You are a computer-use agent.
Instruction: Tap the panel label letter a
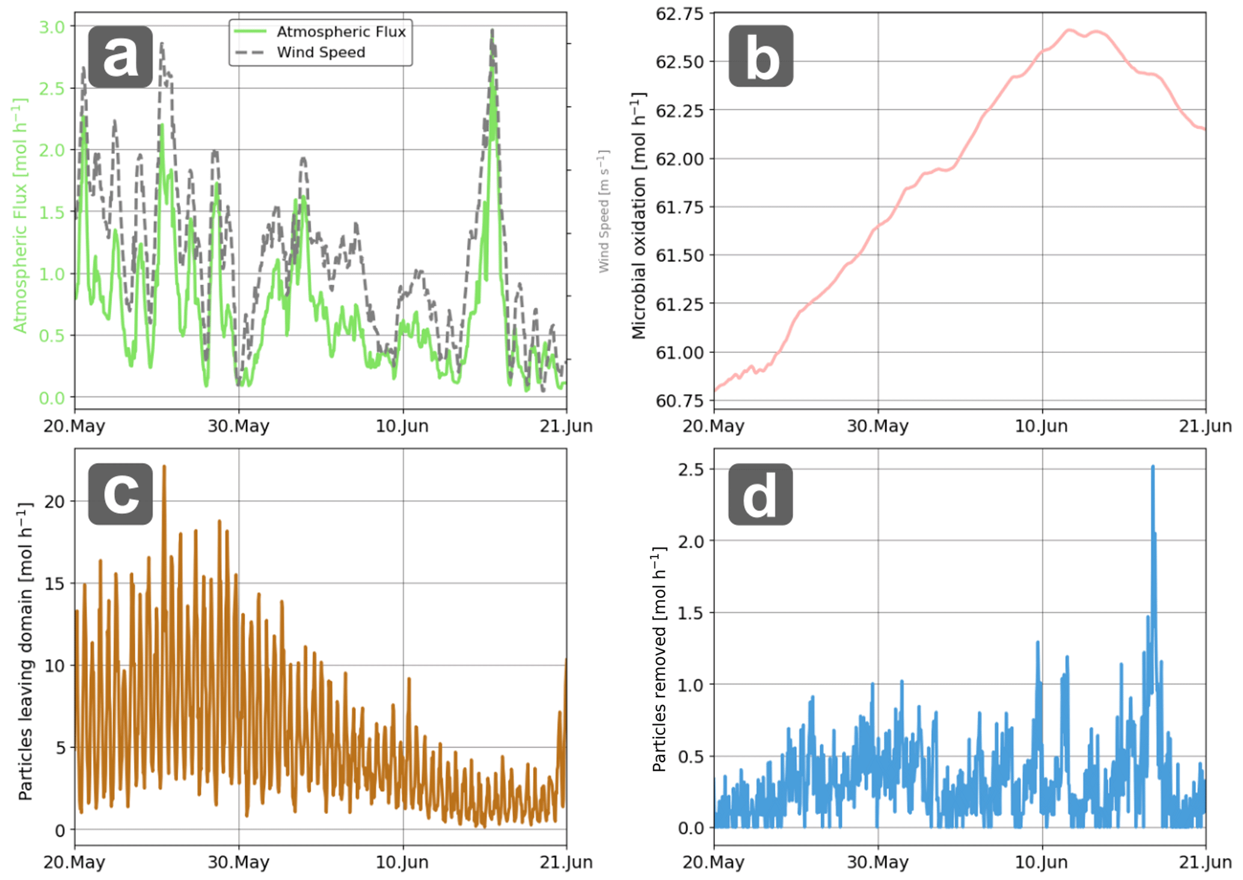coord(120,57)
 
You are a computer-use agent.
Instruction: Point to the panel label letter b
coord(761,57)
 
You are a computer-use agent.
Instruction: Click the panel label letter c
coord(120,494)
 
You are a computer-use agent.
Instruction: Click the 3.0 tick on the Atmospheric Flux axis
coord(52,26)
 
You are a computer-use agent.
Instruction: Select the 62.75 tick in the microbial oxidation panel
coord(680,13)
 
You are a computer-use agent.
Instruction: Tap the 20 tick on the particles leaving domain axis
coord(54,501)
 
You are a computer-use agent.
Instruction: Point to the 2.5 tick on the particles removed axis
coord(691,469)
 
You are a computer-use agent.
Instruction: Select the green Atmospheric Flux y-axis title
coord(20,215)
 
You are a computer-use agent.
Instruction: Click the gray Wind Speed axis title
coord(604,212)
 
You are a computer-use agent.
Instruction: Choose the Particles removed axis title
coord(660,659)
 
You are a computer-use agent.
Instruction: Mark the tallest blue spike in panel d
coord(1153,467)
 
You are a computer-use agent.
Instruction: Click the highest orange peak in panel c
coord(164,466)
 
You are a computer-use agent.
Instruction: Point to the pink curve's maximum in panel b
coord(1069,29)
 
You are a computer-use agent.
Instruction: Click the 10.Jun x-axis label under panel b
coord(1042,426)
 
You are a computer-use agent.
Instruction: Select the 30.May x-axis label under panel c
coord(239,863)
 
